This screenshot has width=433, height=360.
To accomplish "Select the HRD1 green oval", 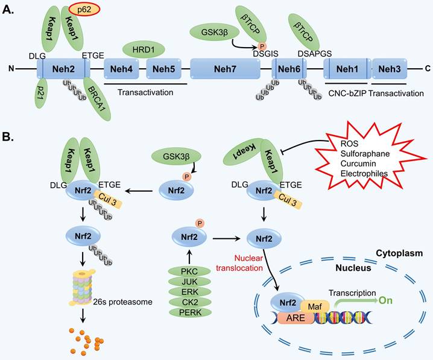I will (x=145, y=48).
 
